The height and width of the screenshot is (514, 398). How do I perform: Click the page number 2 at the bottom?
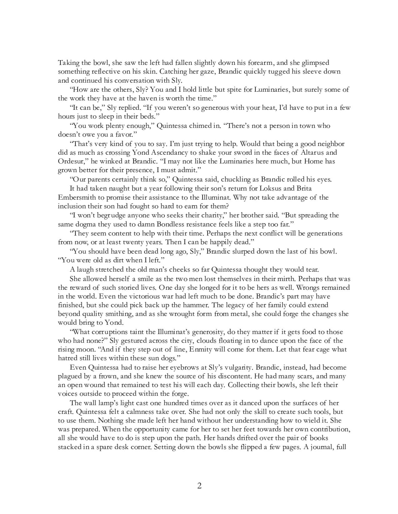199,485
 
